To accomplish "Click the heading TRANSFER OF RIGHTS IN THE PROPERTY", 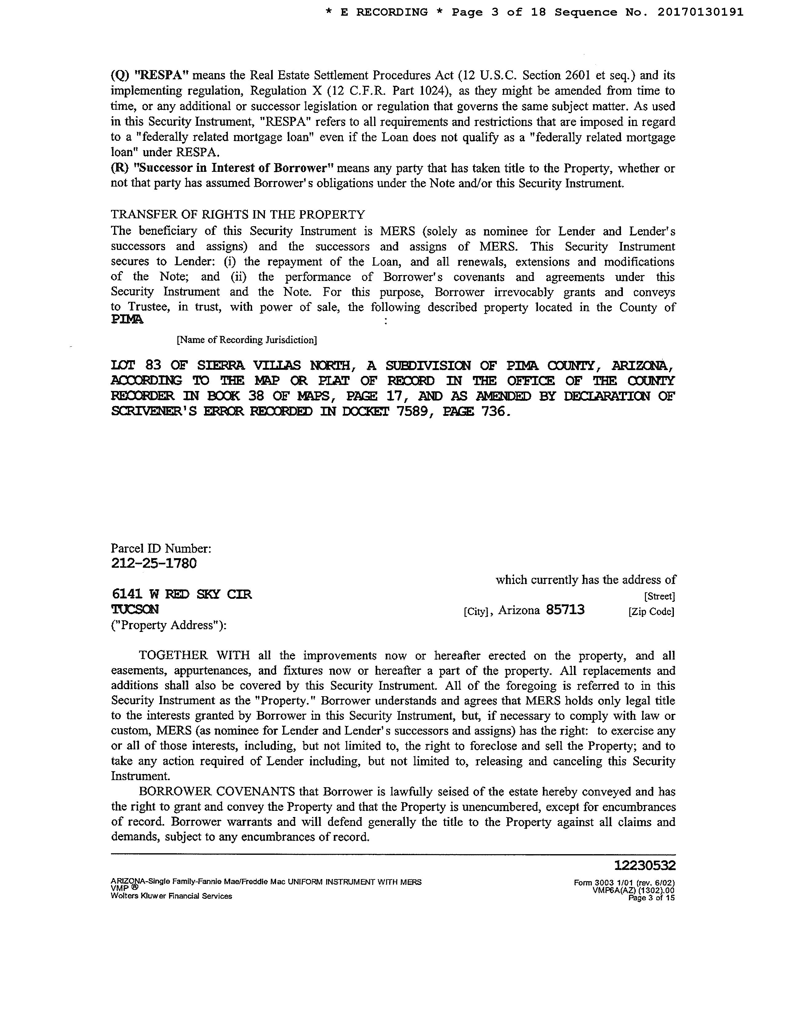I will pos(238,215).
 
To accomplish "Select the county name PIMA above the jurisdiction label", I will pos(127,320).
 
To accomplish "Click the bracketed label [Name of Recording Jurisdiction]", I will pos(247,340).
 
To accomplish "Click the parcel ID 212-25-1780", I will pos(154,563).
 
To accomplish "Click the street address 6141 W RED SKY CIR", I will pos(182,594).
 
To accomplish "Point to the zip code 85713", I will pos(565,610).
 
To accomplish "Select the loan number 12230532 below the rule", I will pos(645,866).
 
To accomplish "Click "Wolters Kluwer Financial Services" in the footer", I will pos(171,896).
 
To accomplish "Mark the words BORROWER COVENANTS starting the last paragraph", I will pos(217,791).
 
